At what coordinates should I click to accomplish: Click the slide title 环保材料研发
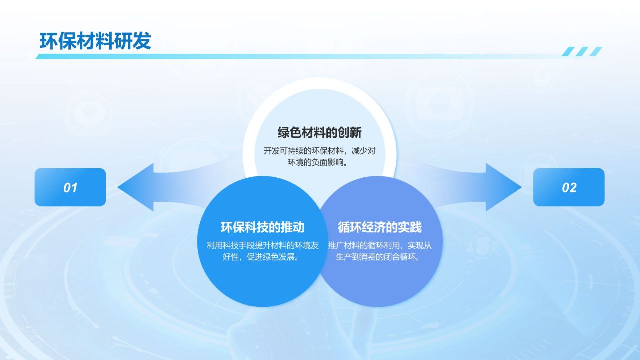click(95, 41)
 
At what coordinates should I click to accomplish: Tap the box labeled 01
click(70, 187)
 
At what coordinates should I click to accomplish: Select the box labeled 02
click(569, 187)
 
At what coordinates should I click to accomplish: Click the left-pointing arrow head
click(136, 187)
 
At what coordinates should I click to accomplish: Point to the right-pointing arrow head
click(504, 187)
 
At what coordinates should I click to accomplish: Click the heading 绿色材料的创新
click(319, 133)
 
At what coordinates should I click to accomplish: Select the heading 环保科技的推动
click(262, 227)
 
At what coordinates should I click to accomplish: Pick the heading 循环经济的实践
click(379, 227)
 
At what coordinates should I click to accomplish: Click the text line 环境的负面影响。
click(318, 162)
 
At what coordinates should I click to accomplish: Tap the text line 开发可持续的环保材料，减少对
click(319, 151)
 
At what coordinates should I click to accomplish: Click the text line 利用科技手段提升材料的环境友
click(262, 245)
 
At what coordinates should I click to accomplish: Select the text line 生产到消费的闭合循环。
click(378, 257)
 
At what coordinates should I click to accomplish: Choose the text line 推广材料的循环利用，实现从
click(380, 245)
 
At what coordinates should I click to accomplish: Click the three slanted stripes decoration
click(582, 51)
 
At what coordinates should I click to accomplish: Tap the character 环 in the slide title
click(49, 41)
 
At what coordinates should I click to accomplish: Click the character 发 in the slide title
click(142, 41)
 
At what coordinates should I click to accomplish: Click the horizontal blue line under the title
click(297, 56)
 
